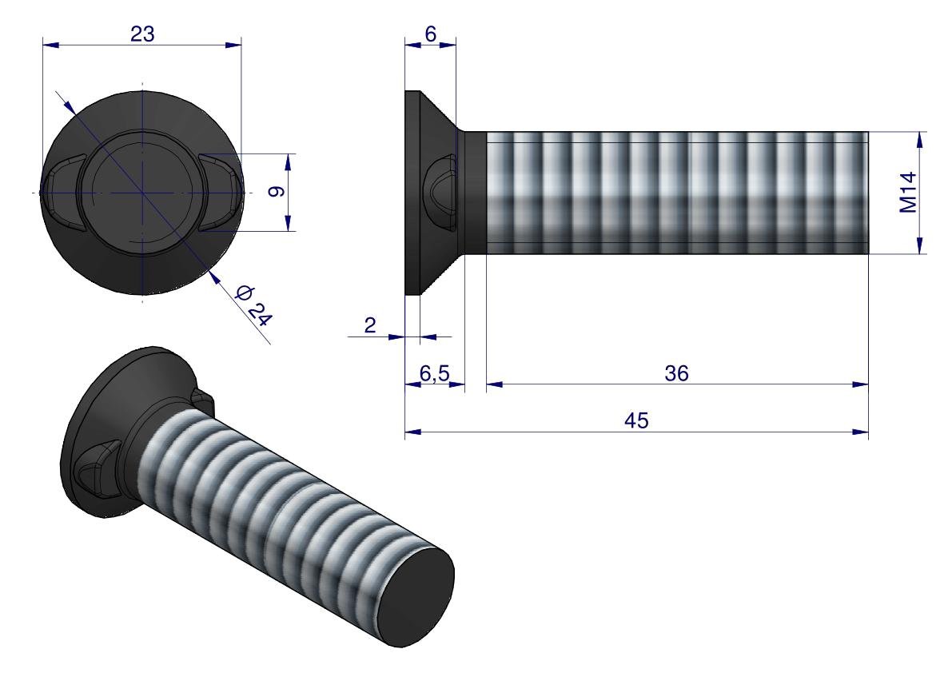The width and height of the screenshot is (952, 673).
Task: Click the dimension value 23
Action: (141, 33)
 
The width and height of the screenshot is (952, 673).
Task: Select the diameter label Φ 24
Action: (255, 305)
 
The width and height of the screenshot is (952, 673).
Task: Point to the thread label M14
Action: (908, 193)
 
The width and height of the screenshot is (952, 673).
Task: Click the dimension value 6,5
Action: (434, 372)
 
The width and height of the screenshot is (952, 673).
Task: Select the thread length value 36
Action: (677, 372)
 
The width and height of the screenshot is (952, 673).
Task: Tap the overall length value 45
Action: (636, 420)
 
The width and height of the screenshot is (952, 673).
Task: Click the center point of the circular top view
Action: (141, 193)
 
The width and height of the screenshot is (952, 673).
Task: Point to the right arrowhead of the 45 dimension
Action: (862, 432)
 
